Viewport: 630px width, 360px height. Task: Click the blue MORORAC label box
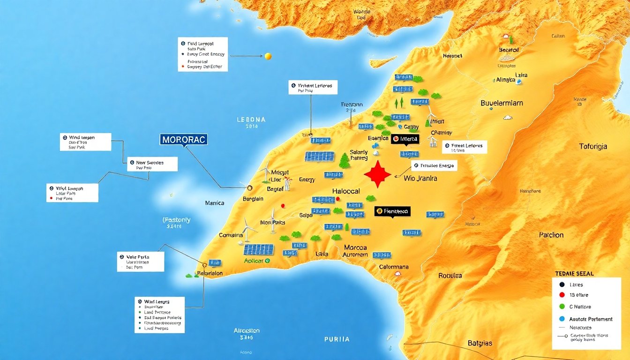(x=183, y=140)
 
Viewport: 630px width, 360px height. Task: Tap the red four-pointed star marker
(x=377, y=175)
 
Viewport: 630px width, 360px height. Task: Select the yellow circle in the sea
(x=268, y=56)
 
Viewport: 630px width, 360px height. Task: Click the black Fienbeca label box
(x=392, y=211)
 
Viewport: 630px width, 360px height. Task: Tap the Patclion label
(x=551, y=235)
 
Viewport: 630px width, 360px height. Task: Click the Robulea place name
(x=450, y=276)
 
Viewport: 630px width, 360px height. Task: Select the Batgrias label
(x=480, y=343)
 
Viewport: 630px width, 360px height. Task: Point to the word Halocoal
(x=345, y=191)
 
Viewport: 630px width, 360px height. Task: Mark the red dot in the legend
(x=562, y=295)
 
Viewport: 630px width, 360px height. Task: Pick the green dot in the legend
(x=562, y=307)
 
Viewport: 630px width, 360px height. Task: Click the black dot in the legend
(x=562, y=284)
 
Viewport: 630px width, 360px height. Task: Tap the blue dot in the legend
(x=562, y=319)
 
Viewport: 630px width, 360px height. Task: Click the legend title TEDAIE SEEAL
(x=574, y=273)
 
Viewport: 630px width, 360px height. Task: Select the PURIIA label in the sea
(x=337, y=339)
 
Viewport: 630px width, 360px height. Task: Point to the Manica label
(x=215, y=203)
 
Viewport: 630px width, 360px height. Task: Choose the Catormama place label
(x=393, y=267)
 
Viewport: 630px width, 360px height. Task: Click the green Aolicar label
(x=254, y=261)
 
